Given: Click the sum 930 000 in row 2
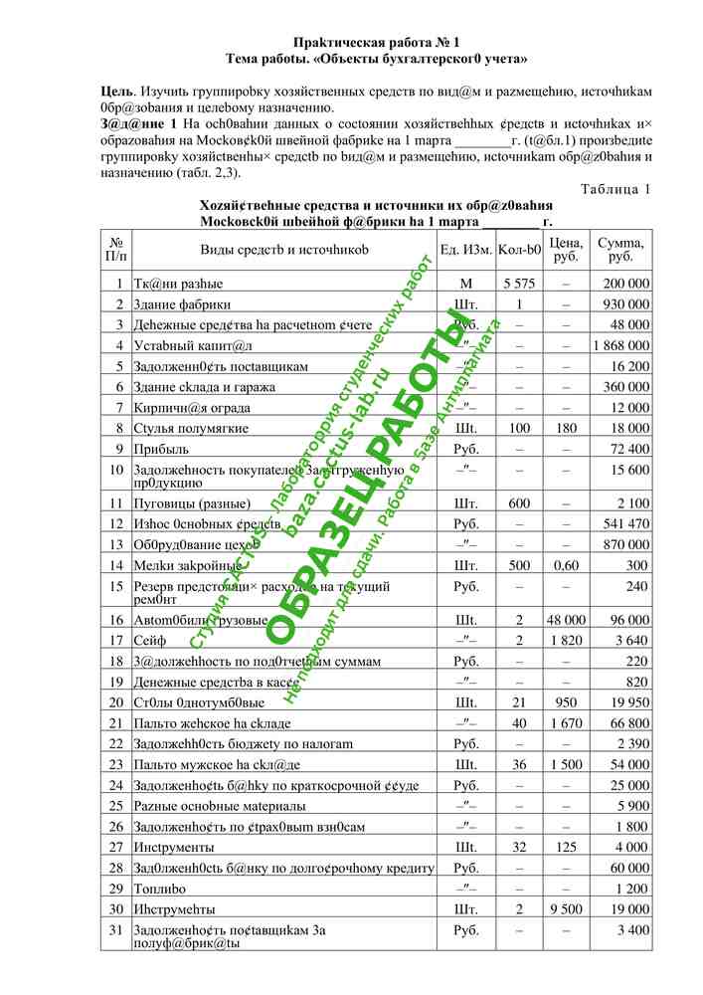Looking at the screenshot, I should coord(625,303).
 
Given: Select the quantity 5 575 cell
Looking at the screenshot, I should coord(519,284).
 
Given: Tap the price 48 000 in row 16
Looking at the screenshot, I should coord(565,620).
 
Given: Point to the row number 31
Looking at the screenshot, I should coord(116,929).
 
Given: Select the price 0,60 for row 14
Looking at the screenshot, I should coord(565,565).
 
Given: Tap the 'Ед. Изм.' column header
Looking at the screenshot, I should coord(465,250).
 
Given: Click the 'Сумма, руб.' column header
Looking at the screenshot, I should coord(620,250).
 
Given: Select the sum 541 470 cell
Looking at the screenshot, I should coord(625,523).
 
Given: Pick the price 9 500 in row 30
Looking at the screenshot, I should coord(565,908).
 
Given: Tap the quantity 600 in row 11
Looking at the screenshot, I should coord(519,503).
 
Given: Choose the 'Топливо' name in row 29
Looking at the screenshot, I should coord(160,888).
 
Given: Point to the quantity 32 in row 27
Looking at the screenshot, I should coord(519,847).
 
